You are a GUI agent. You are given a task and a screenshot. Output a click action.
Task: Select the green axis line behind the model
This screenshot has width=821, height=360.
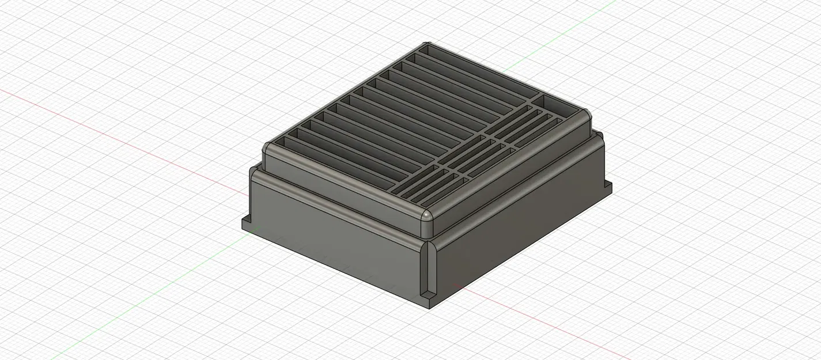[x=547, y=40]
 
